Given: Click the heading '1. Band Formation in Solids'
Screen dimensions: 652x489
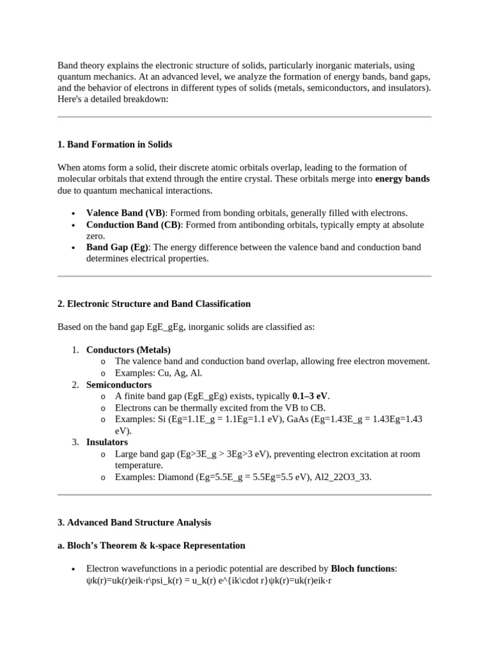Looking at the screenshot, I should click(115, 145).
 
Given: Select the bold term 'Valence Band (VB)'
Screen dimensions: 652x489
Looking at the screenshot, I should click(125, 213).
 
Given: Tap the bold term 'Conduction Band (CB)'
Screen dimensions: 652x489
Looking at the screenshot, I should click(134, 225).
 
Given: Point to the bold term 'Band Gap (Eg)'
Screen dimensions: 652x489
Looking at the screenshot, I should click(117, 247).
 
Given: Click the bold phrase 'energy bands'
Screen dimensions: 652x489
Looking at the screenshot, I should click(402, 179).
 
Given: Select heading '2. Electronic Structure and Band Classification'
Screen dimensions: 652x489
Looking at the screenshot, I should click(154, 304).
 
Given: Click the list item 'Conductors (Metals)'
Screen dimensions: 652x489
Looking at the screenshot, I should click(128, 350).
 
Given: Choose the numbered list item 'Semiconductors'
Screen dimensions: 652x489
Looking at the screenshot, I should click(118, 385).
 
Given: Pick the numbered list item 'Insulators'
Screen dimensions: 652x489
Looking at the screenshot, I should click(107, 442).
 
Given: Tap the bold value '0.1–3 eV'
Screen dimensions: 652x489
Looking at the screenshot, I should click(311, 396).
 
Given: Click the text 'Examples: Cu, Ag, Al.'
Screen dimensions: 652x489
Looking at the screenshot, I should click(159, 373).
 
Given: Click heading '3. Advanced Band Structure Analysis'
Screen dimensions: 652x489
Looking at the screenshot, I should click(134, 522).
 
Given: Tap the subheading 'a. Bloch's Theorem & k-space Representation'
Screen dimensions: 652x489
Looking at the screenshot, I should click(151, 546).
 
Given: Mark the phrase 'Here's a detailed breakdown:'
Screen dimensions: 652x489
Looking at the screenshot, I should click(113, 99).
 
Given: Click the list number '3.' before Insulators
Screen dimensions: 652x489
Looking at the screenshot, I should click(75, 442).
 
